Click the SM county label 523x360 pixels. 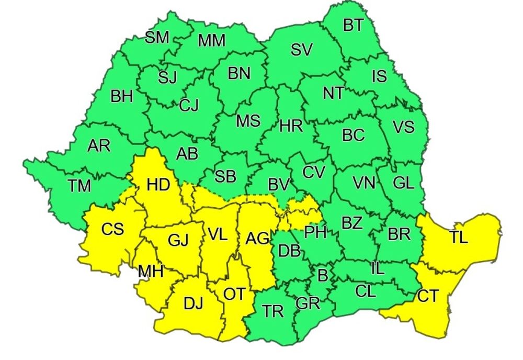tap(157, 38)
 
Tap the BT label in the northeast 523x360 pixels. tap(353, 26)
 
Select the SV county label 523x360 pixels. tap(302, 50)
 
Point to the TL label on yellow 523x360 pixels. tap(458, 238)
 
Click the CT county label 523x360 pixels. tap(428, 297)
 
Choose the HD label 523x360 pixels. tap(157, 185)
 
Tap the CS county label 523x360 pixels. tap(112, 229)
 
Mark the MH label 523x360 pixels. tap(151, 272)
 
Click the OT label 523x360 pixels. tap(234, 295)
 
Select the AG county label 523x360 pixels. tap(257, 239)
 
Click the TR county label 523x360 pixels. tap(273, 311)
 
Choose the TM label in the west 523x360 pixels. tap(79, 185)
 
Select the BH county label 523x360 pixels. tap(121, 97)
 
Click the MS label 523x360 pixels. tap(248, 121)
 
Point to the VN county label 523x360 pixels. tap(363, 183)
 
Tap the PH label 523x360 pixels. tap(316, 231)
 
